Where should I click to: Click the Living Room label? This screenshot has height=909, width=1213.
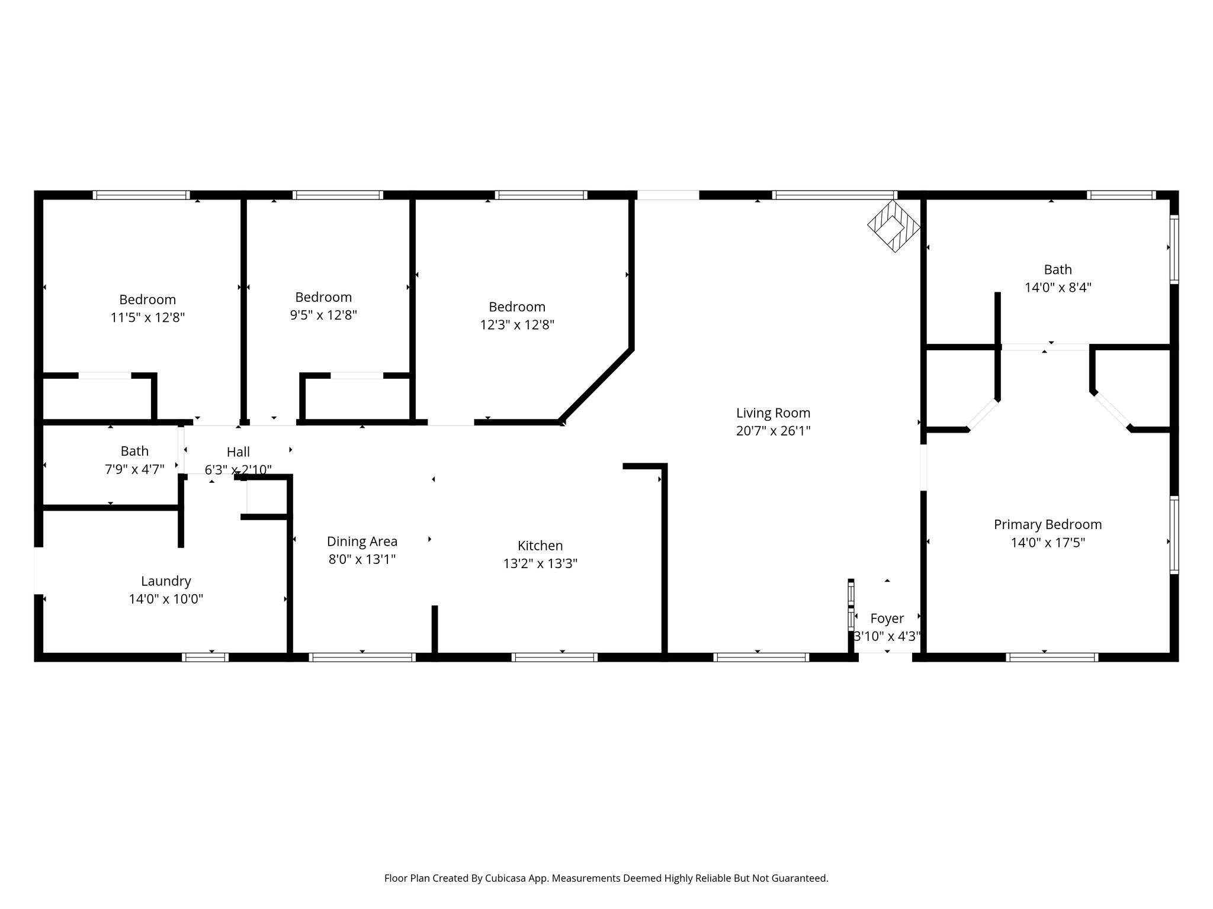[x=773, y=412]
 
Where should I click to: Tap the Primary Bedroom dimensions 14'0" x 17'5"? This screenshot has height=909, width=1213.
[x=1048, y=542]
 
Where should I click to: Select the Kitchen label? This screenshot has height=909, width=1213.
[x=540, y=546]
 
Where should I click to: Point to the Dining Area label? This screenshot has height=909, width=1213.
[x=362, y=541]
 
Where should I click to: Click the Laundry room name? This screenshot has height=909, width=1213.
[x=166, y=581]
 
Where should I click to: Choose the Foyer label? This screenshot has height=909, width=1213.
[x=887, y=618]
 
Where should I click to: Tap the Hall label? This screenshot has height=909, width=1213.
[x=238, y=452]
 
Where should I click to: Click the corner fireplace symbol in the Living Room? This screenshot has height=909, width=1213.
[x=894, y=226]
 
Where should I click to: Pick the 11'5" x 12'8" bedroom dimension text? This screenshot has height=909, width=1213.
[x=147, y=317]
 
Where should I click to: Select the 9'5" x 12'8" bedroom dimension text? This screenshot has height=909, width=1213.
[x=323, y=315]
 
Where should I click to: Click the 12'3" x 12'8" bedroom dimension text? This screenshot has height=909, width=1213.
[x=517, y=324]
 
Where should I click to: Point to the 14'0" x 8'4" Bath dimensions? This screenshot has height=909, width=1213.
[x=1058, y=288]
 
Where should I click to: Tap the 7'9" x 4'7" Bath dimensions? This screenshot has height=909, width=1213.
[x=134, y=470]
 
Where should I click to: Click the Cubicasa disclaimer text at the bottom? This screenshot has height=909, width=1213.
[x=606, y=878]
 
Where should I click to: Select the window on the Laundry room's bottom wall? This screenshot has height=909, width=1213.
[x=205, y=657]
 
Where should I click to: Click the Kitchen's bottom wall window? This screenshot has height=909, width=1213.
[x=554, y=657]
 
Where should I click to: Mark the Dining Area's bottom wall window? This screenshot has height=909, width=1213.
[x=362, y=657]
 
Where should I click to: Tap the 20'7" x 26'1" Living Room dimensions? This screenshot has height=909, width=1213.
[x=773, y=431]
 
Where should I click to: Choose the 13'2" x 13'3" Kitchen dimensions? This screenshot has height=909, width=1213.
[x=540, y=563]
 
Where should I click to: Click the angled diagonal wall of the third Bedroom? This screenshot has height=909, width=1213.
[x=596, y=385]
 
